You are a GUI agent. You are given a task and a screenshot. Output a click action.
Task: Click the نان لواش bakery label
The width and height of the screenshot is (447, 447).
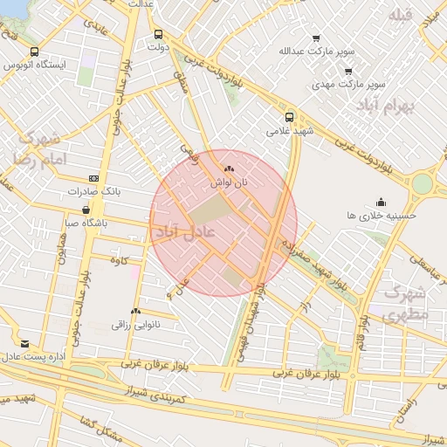point(229,183)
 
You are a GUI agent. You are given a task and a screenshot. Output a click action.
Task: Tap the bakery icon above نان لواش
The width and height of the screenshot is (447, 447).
point(229,168)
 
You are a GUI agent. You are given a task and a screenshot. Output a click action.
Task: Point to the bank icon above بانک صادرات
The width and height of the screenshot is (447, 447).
point(93,178)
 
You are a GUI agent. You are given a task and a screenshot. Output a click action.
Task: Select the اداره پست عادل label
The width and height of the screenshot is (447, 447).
point(34,357)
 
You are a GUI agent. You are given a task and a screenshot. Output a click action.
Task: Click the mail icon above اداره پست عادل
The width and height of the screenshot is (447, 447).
point(24,344)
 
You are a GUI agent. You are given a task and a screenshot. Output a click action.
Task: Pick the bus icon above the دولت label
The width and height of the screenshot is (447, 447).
point(157,35)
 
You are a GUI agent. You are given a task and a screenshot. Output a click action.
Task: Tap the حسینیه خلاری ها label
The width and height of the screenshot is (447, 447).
point(382,214)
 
